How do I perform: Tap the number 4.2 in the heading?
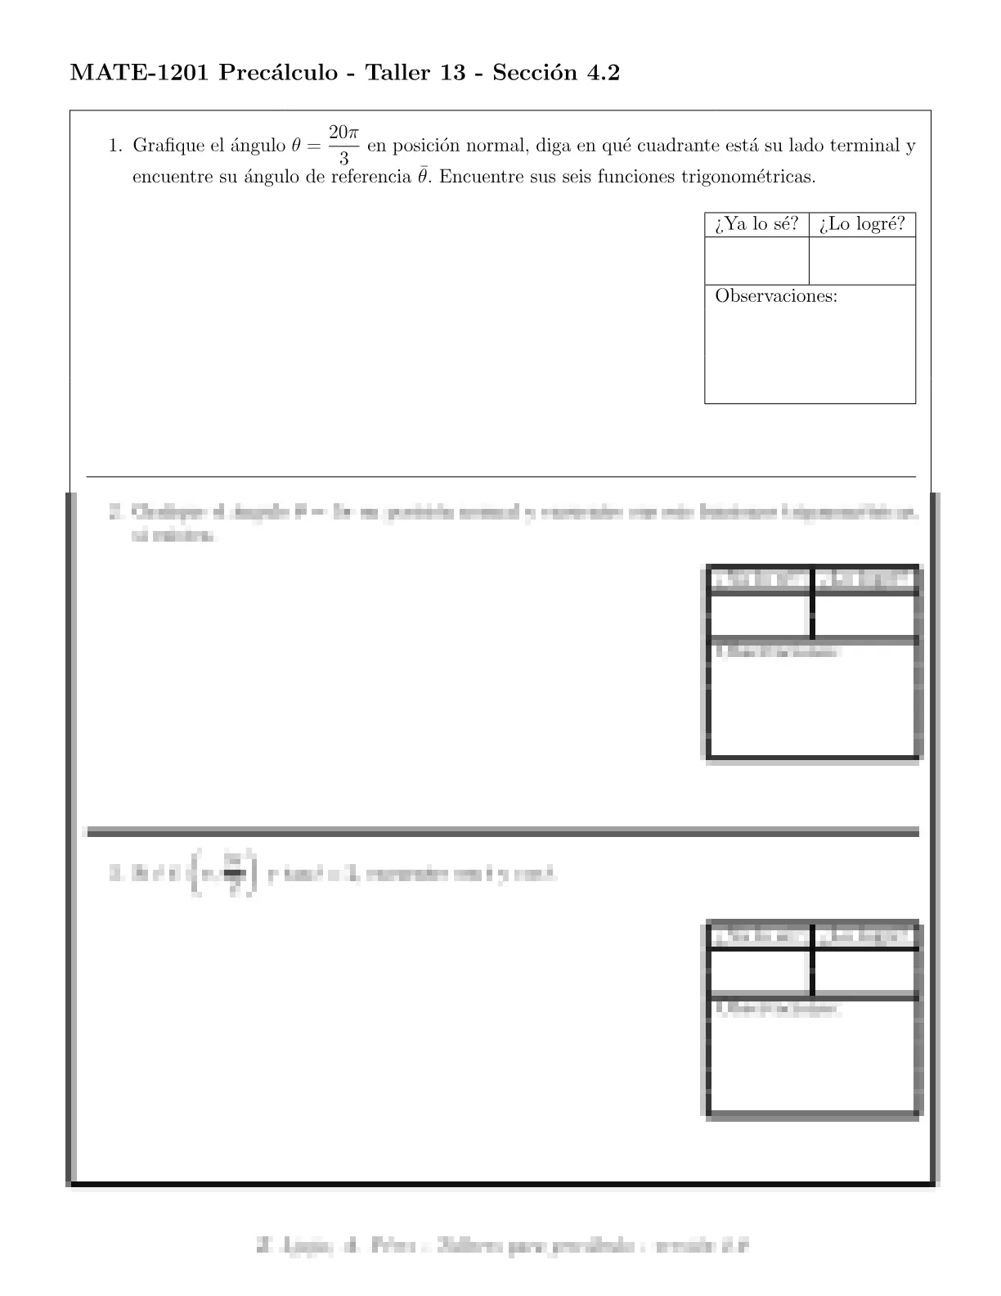(x=602, y=74)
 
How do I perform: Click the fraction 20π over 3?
(x=343, y=145)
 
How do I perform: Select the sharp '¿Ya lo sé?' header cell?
(x=756, y=224)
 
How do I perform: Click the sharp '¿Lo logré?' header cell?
(x=862, y=224)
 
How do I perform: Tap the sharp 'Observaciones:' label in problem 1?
(x=776, y=296)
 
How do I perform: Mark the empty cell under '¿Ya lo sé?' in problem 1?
(x=756, y=261)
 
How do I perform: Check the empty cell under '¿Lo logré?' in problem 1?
(x=862, y=261)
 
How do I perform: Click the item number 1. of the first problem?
(x=115, y=146)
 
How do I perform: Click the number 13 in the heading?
(x=453, y=74)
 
